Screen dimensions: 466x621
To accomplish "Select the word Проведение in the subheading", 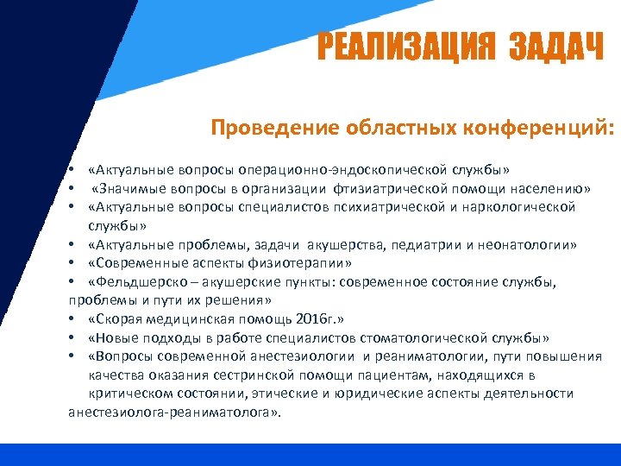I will (x=265, y=129).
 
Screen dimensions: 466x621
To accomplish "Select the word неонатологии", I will (x=523, y=244).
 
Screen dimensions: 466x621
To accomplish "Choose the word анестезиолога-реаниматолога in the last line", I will (x=173, y=412).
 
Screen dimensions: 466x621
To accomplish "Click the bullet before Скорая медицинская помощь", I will (x=72, y=320).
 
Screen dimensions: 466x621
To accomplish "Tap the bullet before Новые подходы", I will (x=72, y=338).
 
